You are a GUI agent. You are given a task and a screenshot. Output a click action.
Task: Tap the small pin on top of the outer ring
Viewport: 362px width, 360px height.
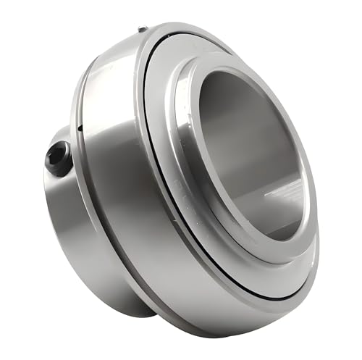coord(143,29)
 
